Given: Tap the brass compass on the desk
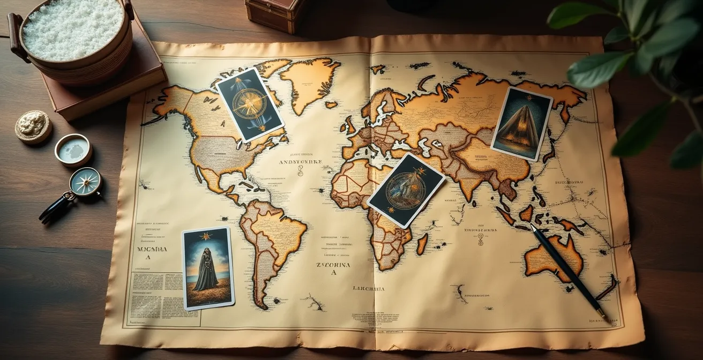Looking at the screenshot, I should (85, 182).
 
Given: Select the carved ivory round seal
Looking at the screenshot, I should (33, 126).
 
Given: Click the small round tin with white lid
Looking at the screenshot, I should (73, 150).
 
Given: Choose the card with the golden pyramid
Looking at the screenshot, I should (521, 123).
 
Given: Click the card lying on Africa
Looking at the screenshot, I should (406, 190).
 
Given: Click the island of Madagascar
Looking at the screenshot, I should (422, 244).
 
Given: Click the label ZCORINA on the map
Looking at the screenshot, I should (333, 265).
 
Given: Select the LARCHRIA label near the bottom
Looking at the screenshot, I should (368, 289).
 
